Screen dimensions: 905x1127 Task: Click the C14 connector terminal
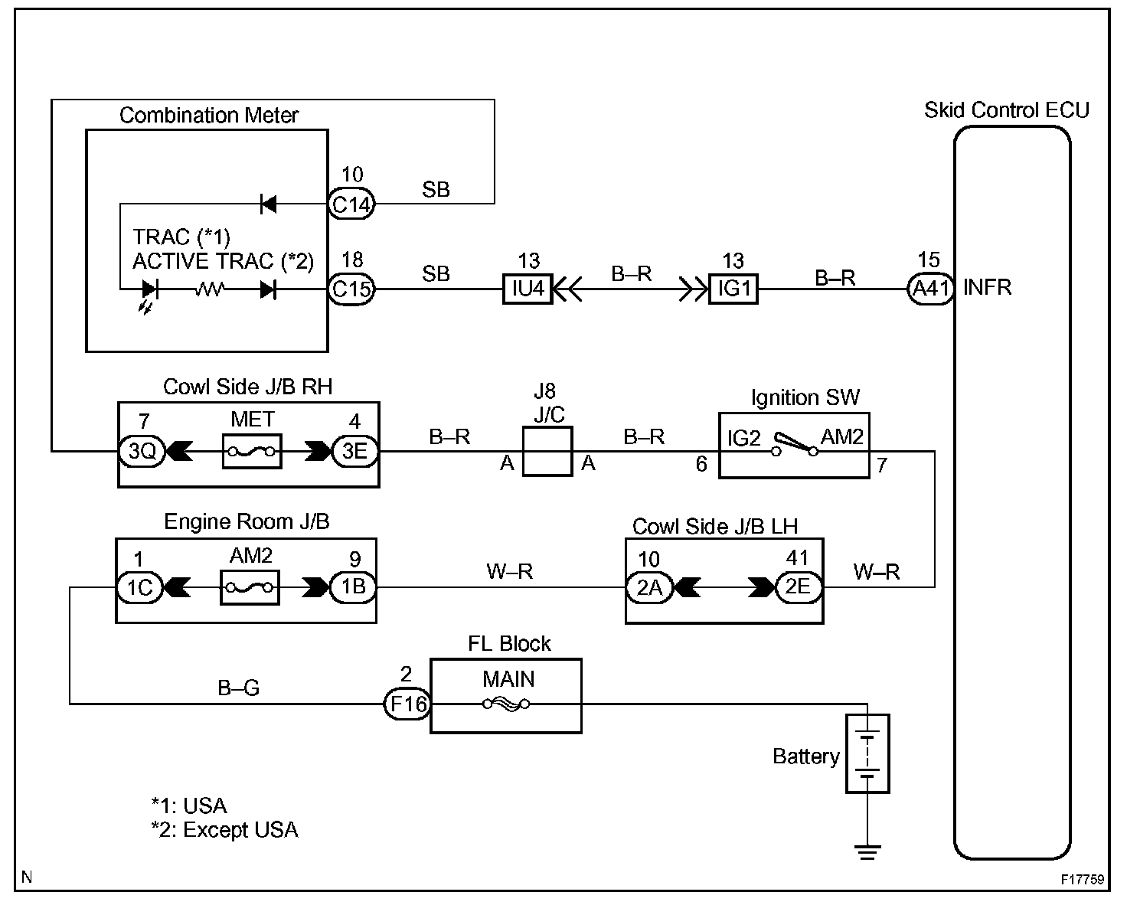tap(351, 204)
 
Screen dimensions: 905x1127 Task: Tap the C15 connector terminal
tap(351, 290)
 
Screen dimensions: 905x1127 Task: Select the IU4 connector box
tap(528, 289)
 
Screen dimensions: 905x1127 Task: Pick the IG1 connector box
tap(733, 290)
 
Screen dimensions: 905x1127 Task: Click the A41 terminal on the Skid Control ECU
tap(929, 289)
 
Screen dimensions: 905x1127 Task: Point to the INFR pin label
tap(988, 288)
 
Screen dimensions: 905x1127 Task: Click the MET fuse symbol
tap(252, 452)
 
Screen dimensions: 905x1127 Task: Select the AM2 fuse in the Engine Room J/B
tap(250, 588)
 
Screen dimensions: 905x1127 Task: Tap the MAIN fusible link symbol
tap(506, 704)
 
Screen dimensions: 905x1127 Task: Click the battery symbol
tap(867, 754)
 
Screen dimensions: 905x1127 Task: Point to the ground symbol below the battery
tap(867, 850)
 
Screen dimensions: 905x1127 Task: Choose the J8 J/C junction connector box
tap(547, 452)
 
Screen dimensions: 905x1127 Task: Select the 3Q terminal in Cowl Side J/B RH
tap(142, 451)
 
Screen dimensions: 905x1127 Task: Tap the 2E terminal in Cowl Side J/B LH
tap(798, 587)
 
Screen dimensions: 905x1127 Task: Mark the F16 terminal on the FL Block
tap(407, 704)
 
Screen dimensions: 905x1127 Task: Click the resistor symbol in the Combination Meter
tap(209, 290)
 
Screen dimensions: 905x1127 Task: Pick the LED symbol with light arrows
tap(149, 291)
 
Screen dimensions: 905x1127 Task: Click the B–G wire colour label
tap(238, 688)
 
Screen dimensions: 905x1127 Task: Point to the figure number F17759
tap(1083, 880)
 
